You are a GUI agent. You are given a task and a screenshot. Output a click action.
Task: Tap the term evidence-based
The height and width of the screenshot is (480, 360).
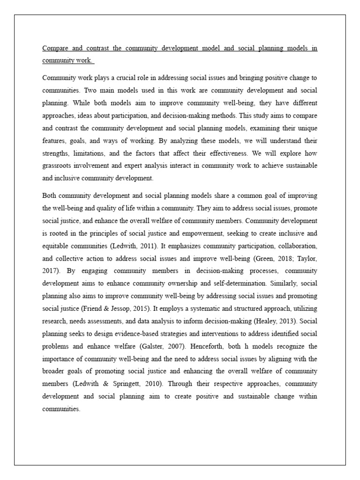142,334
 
